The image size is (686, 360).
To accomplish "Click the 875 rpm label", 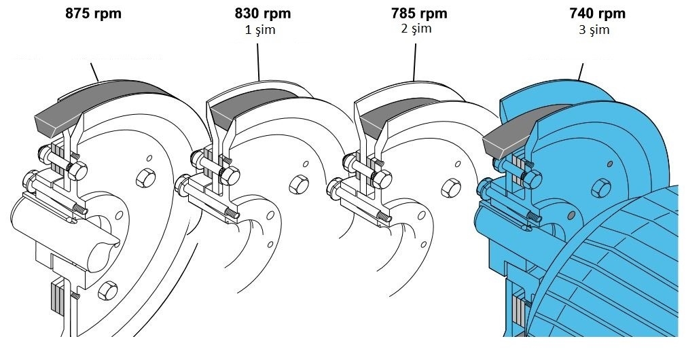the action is pyautogui.click(x=93, y=14).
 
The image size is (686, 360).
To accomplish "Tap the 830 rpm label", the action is pyautogui.click(x=262, y=14).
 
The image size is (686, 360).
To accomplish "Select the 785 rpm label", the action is pyautogui.click(x=419, y=14).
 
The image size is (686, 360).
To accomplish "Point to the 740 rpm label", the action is pyautogui.click(x=597, y=14).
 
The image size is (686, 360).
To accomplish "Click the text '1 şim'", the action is pyautogui.click(x=260, y=30).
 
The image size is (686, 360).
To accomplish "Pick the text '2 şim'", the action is pyautogui.click(x=416, y=29).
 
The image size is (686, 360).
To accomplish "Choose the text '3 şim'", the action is pyautogui.click(x=594, y=30).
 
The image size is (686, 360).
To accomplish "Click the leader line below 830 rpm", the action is pyautogui.click(x=258, y=62).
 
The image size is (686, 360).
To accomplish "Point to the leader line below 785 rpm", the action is pyautogui.click(x=414, y=62).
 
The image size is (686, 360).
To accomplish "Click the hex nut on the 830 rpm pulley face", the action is pyautogui.click(x=299, y=184).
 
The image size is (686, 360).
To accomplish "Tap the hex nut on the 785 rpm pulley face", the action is pyautogui.click(x=450, y=187).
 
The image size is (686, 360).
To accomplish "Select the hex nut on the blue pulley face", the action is pyautogui.click(x=600, y=188).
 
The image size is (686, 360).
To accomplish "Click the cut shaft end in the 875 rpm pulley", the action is pyautogui.click(x=103, y=251).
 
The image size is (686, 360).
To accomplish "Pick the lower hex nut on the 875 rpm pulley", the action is pyautogui.click(x=107, y=291).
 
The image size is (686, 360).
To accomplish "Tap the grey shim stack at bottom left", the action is pyautogui.click(x=57, y=297).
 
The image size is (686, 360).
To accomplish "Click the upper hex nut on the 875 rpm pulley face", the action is pyautogui.click(x=145, y=178).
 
